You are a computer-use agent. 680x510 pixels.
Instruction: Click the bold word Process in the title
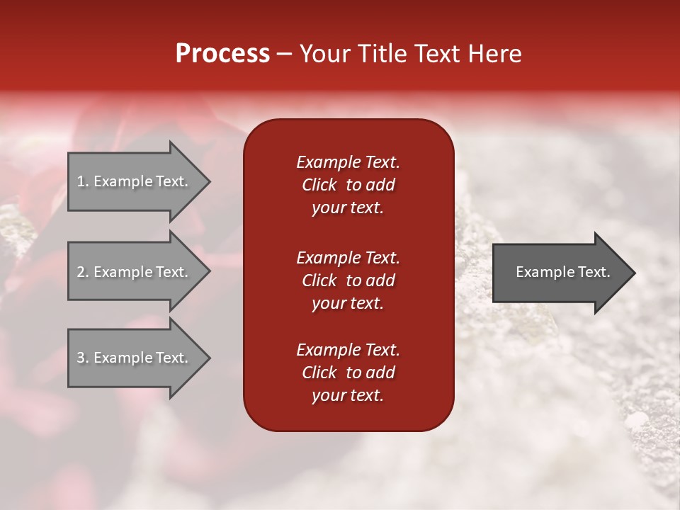pyautogui.click(x=222, y=54)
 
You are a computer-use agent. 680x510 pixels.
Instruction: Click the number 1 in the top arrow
pyautogui.click(x=81, y=181)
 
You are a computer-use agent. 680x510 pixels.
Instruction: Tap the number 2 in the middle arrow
pyautogui.click(x=81, y=272)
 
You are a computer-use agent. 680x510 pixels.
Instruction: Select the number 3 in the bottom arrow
pyautogui.click(x=81, y=358)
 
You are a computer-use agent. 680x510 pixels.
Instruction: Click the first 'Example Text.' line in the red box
pyautogui.click(x=348, y=162)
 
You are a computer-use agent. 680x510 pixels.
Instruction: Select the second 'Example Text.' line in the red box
pyautogui.click(x=348, y=258)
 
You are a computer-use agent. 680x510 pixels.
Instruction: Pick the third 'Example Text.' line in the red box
pyautogui.click(x=348, y=350)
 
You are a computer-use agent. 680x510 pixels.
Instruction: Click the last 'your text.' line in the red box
pyautogui.click(x=348, y=396)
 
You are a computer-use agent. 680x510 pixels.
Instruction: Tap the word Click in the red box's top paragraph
pyautogui.click(x=319, y=185)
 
